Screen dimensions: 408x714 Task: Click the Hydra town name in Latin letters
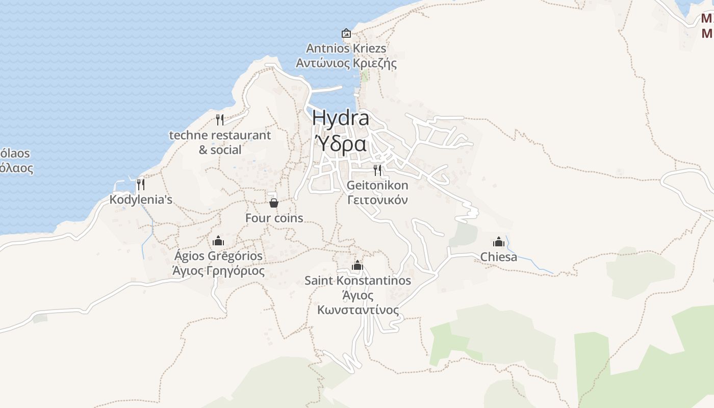click(x=340, y=118)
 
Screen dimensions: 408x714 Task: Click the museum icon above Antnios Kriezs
click(x=346, y=33)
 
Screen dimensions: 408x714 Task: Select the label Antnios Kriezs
click(x=346, y=48)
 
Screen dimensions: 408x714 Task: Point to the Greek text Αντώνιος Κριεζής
click(x=346, y=64)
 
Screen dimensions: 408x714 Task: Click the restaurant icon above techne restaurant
click(x=220, y=120)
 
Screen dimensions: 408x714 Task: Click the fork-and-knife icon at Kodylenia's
click(x=141, y=184)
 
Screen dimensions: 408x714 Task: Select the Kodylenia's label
click(x=141, y=199)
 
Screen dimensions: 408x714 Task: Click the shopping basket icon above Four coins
click(x=274, y=203)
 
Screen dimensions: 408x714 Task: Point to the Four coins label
click(x=274, y=218)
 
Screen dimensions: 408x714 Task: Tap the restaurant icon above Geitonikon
click(x=377, y=170)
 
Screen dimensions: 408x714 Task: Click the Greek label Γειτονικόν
click(x=377, y=200)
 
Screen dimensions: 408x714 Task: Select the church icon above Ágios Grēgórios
click(x=218, y=241)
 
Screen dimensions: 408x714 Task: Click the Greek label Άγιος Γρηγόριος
click(x=218, y=271)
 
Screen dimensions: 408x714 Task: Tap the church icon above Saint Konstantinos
click(x=358, y=265)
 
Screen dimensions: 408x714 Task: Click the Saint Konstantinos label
click(x=358, y=280)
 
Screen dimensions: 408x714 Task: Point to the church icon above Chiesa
click(x=499, y=242)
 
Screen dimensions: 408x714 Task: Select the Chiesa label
click(x=499, y=257)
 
